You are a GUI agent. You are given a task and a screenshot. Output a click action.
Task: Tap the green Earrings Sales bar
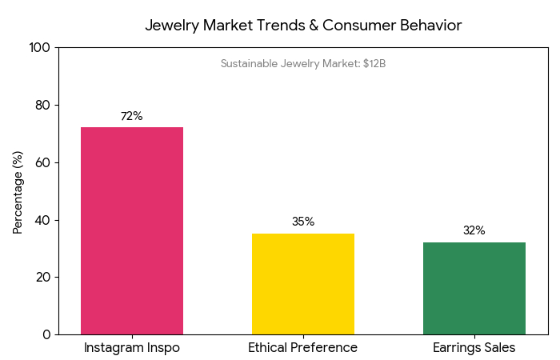(x=474, y=288)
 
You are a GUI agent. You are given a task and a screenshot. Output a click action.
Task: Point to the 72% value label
(x=132, y=116)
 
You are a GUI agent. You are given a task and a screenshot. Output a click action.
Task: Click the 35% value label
(x=303, y=222)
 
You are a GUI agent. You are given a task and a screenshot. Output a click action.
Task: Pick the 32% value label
(x=474, y=230)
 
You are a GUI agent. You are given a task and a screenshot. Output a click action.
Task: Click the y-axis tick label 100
(x=39, y=48)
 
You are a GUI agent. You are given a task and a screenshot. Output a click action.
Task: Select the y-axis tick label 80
(x=42, y=106)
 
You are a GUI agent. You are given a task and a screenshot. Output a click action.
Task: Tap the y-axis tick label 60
(x=42, y=162)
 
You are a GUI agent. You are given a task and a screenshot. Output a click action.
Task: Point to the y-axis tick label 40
(x=42, y=220)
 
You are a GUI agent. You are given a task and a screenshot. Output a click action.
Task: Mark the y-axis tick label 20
(x=42, y=278)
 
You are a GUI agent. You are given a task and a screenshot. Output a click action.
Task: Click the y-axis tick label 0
(x=46, y=334)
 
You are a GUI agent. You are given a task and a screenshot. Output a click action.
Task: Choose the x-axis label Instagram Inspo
(x=132, y=348)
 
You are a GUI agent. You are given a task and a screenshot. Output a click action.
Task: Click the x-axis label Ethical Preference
(x=303, y=348)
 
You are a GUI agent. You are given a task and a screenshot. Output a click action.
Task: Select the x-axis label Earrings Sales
(x=474, y=348)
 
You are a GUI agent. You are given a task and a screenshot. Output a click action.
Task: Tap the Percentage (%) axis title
(x=18, y=191)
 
